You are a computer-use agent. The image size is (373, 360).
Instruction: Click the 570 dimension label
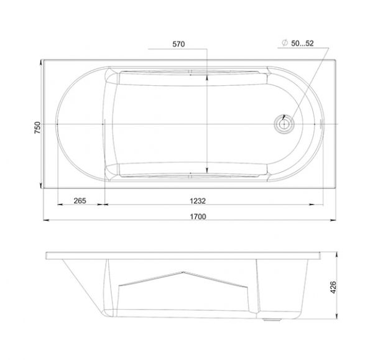pyautogui.click(x=178, y=44)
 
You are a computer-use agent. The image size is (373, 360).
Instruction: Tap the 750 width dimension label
pyautogui.click(x=37, y=127)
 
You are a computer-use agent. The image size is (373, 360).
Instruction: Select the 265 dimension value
pyautogui.click(x=80, y=201)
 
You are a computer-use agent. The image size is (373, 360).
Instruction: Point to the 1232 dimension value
pyautogui.click(x=198, y=201)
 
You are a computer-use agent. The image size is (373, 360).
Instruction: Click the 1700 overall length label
pyautogui.click(x=198, y=216)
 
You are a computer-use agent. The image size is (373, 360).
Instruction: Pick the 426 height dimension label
pyautogui.click(x=333, y=287)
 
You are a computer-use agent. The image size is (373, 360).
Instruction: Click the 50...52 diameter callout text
pyautogui.click(x=302, y=44)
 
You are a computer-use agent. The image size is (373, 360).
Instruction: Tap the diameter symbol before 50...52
pyautogui.click(x=285, y=43)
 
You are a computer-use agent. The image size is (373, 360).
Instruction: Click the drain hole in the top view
pyautogui.click(x=284, y=124)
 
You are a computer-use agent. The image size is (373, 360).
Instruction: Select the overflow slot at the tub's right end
pyautogui.click(x=322, y=124)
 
